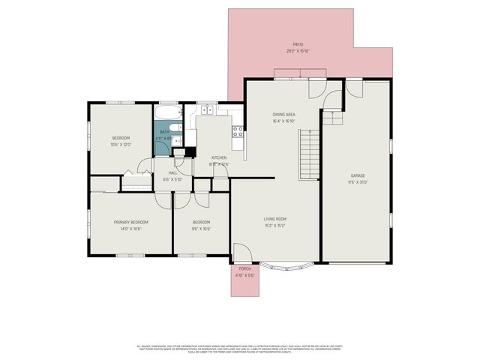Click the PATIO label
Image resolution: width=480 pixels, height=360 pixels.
[298, 45]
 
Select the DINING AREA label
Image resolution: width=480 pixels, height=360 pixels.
[283, 115]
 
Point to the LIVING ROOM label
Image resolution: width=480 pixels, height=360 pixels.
[275, 219]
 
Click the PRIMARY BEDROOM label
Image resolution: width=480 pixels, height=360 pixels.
[130, 222]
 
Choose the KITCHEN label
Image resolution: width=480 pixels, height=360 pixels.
[219, 157]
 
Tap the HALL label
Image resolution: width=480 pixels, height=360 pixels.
[172, 172]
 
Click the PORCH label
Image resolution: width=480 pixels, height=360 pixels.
[244, 268]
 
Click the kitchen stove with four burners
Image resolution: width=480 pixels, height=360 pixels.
[238, 133]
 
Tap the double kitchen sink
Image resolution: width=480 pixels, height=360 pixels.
[206, 111]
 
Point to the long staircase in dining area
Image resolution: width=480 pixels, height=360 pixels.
[309, 154]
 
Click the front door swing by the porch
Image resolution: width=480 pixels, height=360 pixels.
[242, 253]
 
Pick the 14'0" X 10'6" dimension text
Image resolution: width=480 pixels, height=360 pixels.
[130, 228]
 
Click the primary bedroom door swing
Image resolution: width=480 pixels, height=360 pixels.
[163, 200]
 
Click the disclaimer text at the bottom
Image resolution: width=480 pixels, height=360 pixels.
[240, 349]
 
